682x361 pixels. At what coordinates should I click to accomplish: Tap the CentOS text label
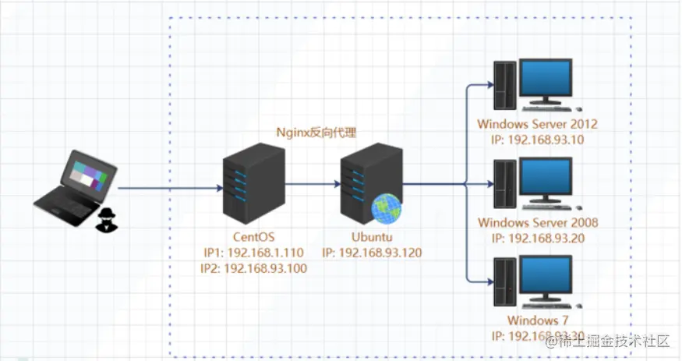point(253,236)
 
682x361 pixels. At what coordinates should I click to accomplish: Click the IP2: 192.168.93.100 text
point(253,268)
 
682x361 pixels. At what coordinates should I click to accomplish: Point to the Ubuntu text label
point(371,236)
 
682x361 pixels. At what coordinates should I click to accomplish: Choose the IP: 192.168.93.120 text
point(371,252)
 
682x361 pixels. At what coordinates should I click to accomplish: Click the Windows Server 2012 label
point(538,124)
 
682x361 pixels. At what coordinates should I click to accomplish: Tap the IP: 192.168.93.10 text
point(538,140)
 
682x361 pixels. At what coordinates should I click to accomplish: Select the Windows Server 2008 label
point(538,223)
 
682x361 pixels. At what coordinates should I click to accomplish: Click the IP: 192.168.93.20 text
point(538,239)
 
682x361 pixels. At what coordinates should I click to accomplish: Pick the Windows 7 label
point(538,321)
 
